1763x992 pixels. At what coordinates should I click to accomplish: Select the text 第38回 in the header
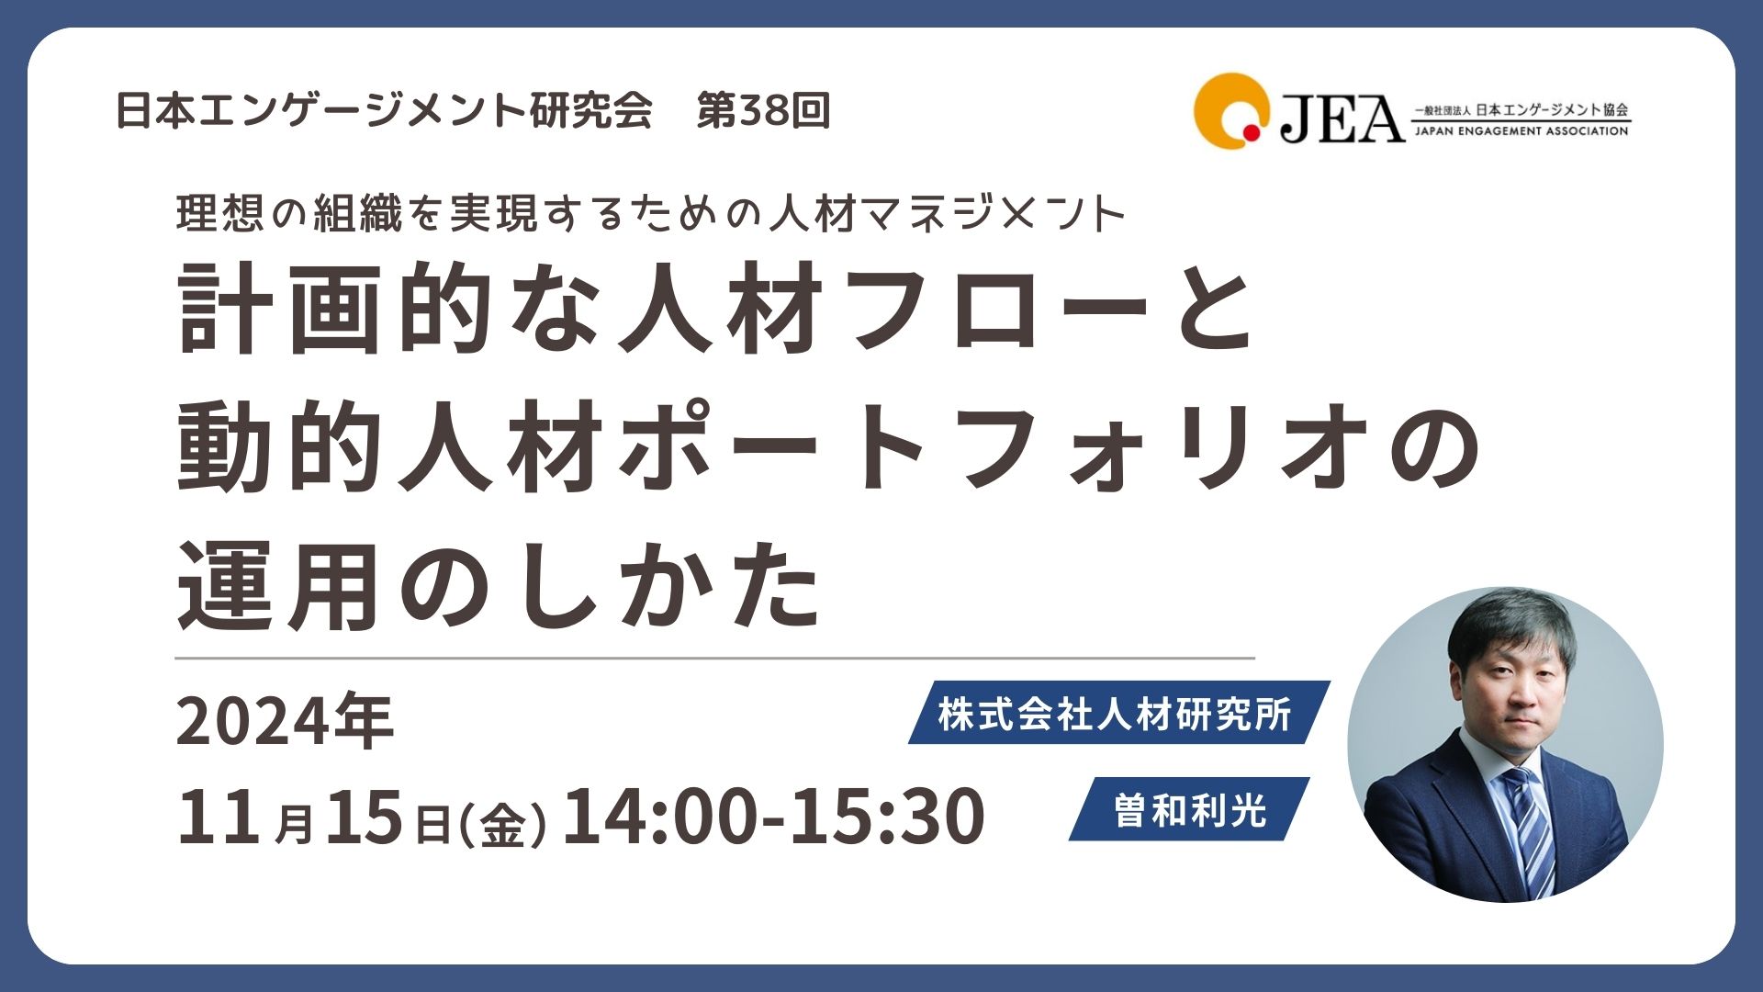(763, 110)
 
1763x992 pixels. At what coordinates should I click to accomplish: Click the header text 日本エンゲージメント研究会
(384, 110)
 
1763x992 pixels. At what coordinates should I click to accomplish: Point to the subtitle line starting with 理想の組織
(651, 214)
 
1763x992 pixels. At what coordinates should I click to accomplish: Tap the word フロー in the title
(1001, 308)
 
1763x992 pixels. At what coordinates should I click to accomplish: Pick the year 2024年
(285, 721)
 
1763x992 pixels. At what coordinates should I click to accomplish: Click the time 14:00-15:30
(773, 816)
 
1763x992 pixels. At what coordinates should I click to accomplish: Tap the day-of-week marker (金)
(502, 823)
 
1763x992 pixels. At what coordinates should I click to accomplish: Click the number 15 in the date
(364, 816)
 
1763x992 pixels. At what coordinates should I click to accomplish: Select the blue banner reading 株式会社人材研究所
(1119, 713)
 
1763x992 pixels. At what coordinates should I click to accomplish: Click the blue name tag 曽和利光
(1190, 809)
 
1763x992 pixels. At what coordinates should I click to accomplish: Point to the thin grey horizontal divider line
(714, 658)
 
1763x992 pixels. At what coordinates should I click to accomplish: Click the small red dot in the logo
(1251, 133)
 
